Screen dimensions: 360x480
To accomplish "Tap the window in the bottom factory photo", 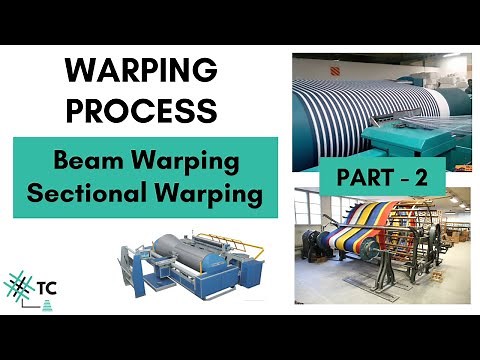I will pyautogui.click(x=306, y=215).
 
